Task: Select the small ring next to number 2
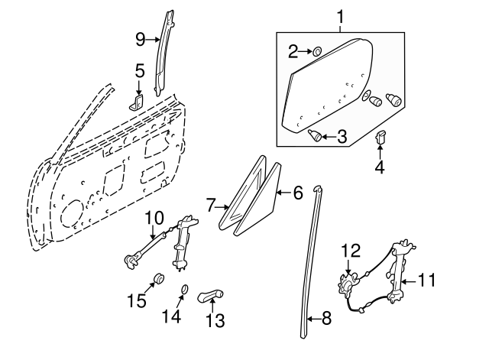[x=317, y=52]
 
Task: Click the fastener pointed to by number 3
[x=314, y=135]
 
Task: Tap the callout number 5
[x=139, y=72]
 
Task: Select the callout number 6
[x=298, y=193]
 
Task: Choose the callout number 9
[x=140, y=37]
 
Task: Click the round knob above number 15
[x=160, y=276]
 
